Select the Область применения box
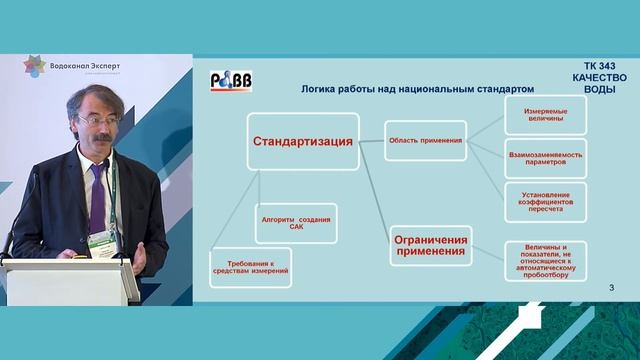pyautogui.click(x=425, y=141)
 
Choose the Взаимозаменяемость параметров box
pyautogui.click(x=545, y=160)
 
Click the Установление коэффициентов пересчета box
pyautogui.click(x=545, y=203)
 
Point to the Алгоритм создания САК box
pyautogui.click(x=295, y=224)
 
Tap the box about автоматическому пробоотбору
pyautogui.click(x=545, y=260)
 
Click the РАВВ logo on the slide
pyautogui.click(x=230, y=83)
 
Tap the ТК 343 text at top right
pyautogui.click(x=599, y=64)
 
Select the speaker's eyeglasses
pyautogui.click(x=97, y=121)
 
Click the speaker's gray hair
pyautogui.click(x=90, y=97)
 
